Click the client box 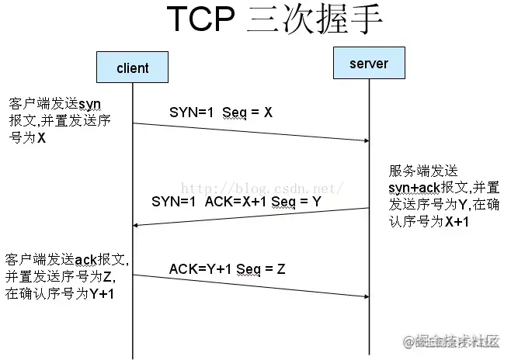click(x=133, y=67)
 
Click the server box click(x=369, y=63)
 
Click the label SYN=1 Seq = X click(x=221, y=112)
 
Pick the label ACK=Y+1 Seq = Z click(x=228, y=268)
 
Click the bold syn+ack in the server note click(x=412, y=189)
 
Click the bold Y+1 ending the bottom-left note click(x=99, y=293)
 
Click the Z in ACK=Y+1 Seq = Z click(x=280, y=268)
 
